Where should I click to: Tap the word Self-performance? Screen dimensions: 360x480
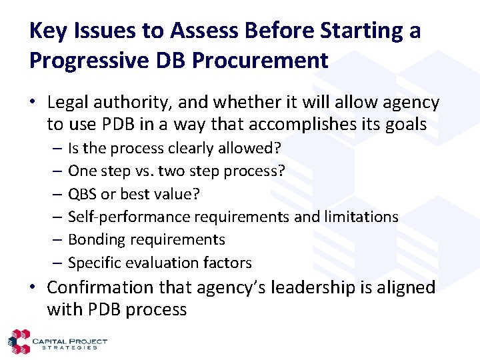click(129, 217)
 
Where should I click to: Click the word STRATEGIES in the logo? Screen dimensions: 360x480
click(70, 347)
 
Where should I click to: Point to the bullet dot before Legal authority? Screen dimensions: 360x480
click(33, 103)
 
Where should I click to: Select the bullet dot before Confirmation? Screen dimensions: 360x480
click(33, 288)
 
